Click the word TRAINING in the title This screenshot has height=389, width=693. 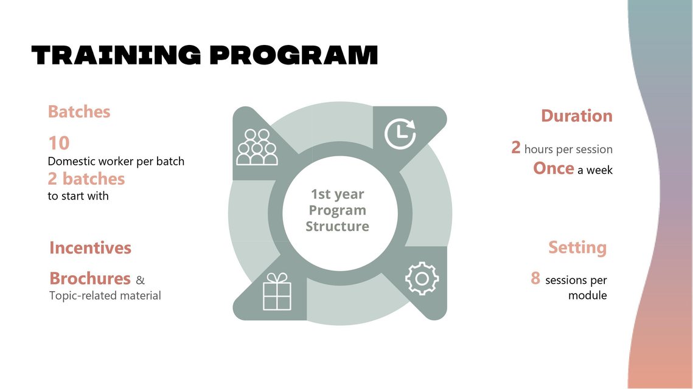pyautogui.click(x=116, y=55)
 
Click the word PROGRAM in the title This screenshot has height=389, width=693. pyautogui.click(x=294, y=55)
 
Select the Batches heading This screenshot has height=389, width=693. pyautogui.click(x=79, y=112)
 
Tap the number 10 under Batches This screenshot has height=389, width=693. pyautogui.click(x=59, y=143)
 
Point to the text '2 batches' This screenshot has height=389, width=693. pyautogui.click(x=86, y=179)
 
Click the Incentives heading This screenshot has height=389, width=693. pyautogui.click(x=90, y=248)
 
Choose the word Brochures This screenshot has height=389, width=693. pyautogui.click(x=89, y=278)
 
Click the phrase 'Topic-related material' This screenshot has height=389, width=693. pyautogui.click(x=105, y=295)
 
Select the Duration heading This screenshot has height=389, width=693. pyautogui.click(x=577, y=115)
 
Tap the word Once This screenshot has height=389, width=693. pyautogui.click(x=553, y=168)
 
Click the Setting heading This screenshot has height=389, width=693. pyautogui.click(x=577, y=247)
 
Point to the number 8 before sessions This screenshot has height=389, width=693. pyautogui.click(x=535, y=278)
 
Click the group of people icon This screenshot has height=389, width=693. pyautogui.click(x=257, y=148)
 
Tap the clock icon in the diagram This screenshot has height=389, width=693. pyautogui.click(x=400, y=133)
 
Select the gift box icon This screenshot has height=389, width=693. pyautogui.click(x=277, y=291)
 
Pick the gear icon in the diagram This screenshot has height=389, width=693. pyautogui.click(x=422, y=278)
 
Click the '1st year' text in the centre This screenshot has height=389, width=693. pyautogui.click(x=337, y=194)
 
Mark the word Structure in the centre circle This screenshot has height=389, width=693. pyautogui.click(x=337, y=227)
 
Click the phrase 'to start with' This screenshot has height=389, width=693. pyautogui.click(x=78, y=196)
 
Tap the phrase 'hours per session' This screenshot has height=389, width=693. pyautogui.click(x=568, y=150)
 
